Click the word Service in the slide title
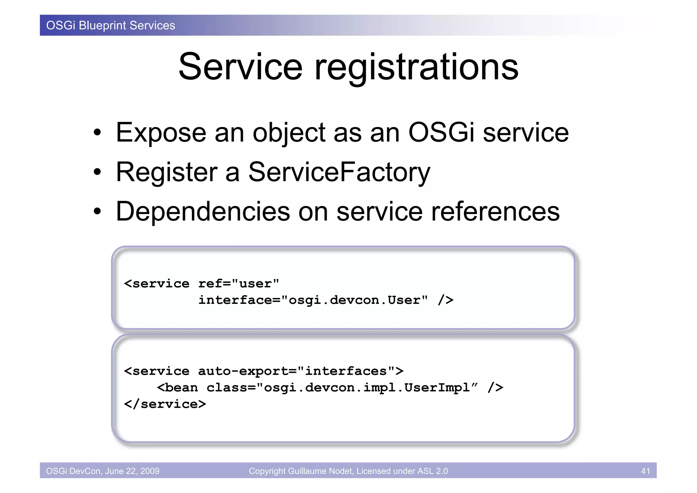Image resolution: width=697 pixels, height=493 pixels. pyautogui.click(x=240, y=67)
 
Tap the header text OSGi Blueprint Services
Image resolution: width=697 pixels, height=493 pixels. pyautogui.click(x=111, y=26)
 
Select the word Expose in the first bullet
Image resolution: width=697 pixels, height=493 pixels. pyautogui.click(x=161, y=133)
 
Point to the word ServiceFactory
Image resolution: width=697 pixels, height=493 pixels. pyautogui.click(x=339, y=172)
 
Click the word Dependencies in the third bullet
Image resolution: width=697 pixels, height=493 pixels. pyautogui.click(x=203, y=212)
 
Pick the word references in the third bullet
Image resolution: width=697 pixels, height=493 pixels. pyautogui.click(x=495, y=212)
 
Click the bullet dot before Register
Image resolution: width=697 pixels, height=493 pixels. pyautogui.click(x=98, y=172)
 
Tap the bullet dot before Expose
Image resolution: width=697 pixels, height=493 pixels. pyautogui.click(x=98, y=133)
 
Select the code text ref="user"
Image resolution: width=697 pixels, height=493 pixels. pyautogui.click(x=239, y=283)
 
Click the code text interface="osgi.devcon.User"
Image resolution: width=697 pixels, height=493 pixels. pyautogui.click(x=313, y=300)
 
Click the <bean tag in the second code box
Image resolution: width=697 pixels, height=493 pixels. pyautogui.click(x=177, y=388)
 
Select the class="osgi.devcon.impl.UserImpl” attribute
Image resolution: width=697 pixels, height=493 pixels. pyautogui.click(x=342, y=388)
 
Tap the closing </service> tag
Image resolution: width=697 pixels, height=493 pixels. pyautogui.click(x=165, y=404)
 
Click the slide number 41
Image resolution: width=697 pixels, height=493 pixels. pyautogui.click(x=645, y=471)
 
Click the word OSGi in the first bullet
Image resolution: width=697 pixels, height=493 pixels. pyautogui.click(x=441, y=133)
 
